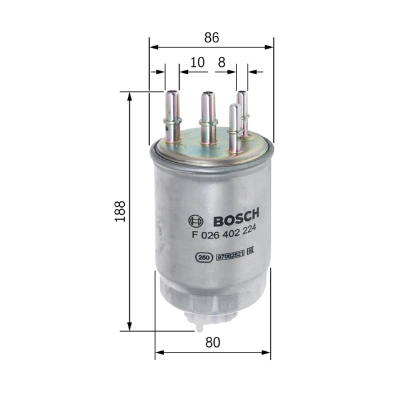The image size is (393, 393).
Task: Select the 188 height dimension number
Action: tap(121, 211)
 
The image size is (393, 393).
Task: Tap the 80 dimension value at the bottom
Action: tap(213, 342)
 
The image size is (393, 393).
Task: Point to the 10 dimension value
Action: tap(197, 62)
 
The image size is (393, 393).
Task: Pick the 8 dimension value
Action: tap(221, 62)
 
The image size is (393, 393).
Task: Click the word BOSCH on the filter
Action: tap(235, 221)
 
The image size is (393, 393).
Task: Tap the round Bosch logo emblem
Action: tap(195, 221)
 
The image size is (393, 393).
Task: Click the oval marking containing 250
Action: tap(203, 256)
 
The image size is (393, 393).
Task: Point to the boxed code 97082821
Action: tap(230, 256)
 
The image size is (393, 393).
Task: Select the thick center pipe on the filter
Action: tap(208, 115)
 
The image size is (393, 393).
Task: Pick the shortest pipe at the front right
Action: tap(234, 128)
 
